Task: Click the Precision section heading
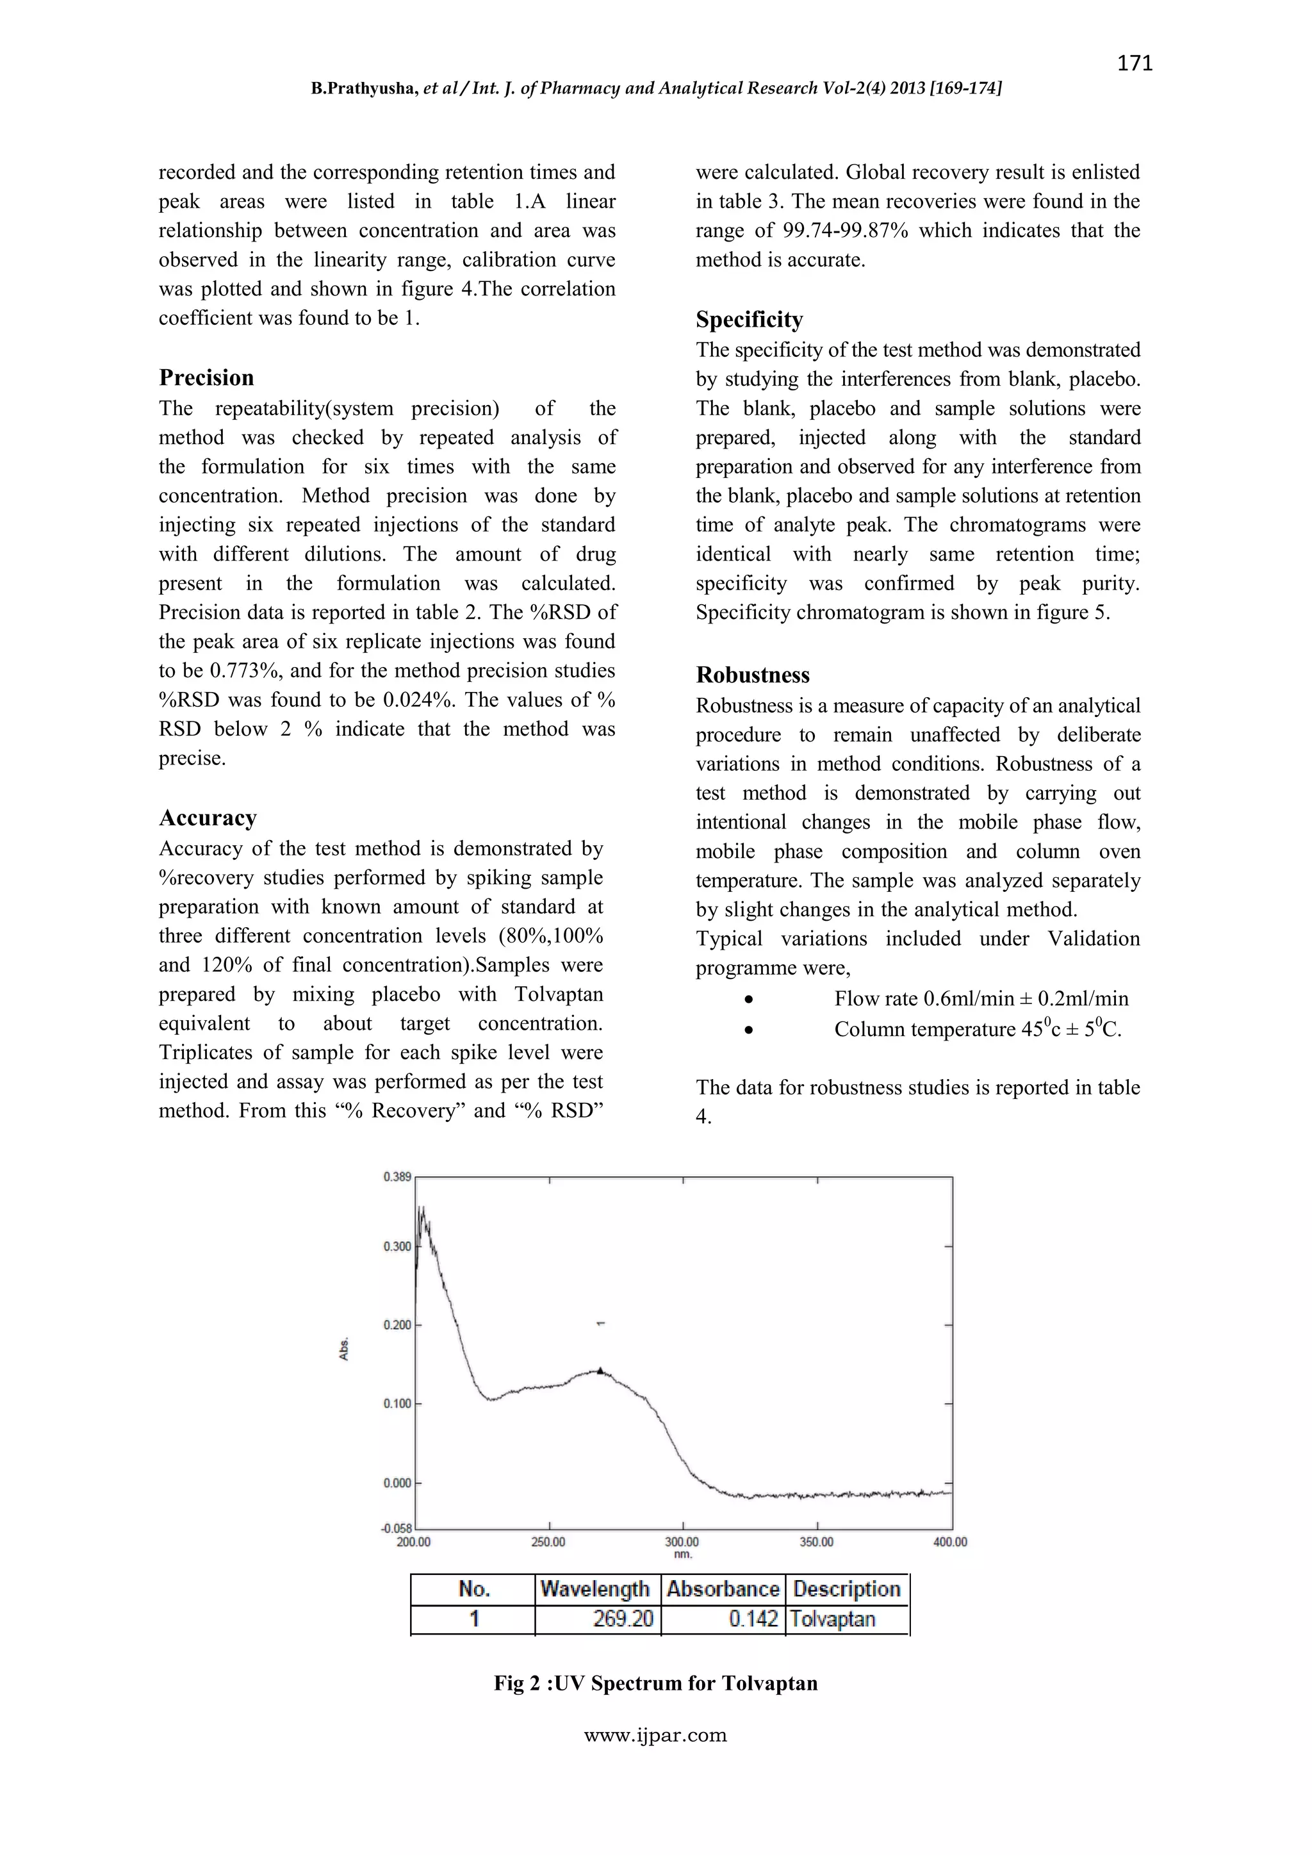tap(206, 377)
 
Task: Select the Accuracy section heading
tap(208, 818)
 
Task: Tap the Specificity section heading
tap(749, 319)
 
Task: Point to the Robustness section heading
tap(752, 675)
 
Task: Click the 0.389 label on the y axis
tap(397, 1177)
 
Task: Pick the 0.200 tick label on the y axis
tap(397, 1325)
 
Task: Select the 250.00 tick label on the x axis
tap(548, 1542)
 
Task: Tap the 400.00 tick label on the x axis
tap(949, 1542)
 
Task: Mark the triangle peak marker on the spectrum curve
tap(600, 1370)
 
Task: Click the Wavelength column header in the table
tap(594, 1589)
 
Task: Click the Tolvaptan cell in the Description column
tap(832, 1619)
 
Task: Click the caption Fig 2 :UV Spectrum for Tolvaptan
tap(655, 1683)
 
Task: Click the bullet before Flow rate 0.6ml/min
tap(750, 1000)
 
